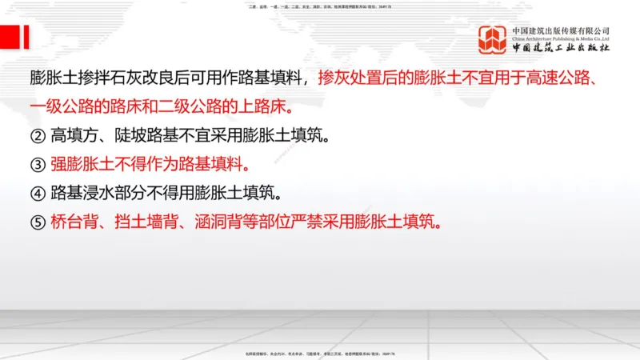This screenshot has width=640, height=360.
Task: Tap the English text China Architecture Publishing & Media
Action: [x=561, y=38]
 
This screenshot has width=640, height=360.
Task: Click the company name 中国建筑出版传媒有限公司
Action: [x=561, y=30]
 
